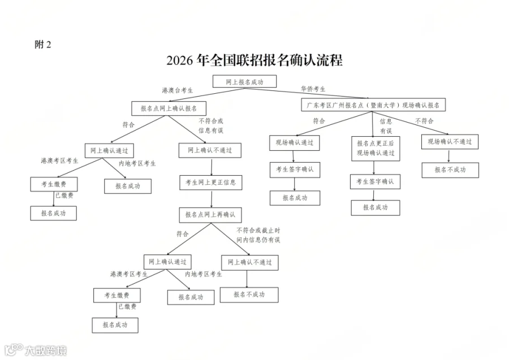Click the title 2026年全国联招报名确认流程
(255, 60)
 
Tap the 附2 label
(42, 45)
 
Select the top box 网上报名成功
(244, 82)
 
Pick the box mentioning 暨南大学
(373, 105)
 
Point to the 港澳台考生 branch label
(177, 90)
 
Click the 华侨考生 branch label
(313, 89)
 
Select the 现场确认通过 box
(294, 142)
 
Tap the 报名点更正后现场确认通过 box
(375, 148)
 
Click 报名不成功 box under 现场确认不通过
(450, 170)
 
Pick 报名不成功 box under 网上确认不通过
(249, 294)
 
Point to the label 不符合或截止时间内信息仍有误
(258, 235)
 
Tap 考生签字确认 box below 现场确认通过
(294, 169)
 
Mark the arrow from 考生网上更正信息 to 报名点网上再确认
(212, 199)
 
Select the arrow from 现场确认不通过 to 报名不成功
(449, 156)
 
